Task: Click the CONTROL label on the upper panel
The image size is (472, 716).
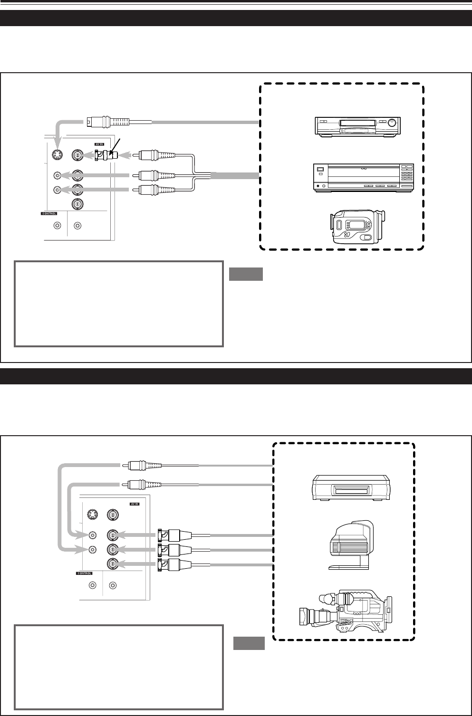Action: (49, 214)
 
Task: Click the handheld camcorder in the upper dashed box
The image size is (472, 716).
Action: (357, 227)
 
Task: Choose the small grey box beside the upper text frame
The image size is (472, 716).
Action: (246, 274)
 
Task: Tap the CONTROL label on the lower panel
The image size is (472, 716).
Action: (85, 574)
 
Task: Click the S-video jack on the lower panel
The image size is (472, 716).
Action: (92, 515)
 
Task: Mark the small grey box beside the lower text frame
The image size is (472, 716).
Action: (249, 643)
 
